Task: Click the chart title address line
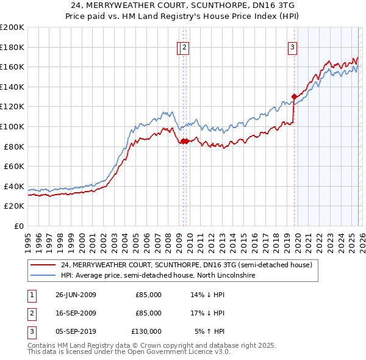(x=183, y=5)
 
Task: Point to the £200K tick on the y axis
(x=12, y=27)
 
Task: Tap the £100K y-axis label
(x=12, y=126)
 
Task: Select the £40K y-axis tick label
(x=14, y=186)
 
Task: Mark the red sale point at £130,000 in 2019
(x=294, y=96)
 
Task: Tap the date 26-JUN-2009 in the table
(x=76, y=295)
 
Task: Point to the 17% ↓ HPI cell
(x=207, y=313)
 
